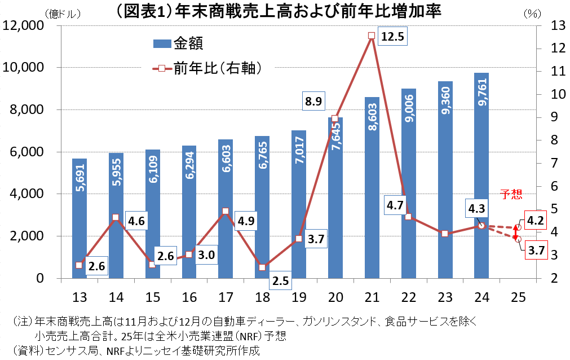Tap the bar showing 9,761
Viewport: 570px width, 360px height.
tap(481, 175)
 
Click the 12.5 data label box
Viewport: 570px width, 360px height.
tap(392, 37)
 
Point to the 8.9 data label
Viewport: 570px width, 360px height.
tap(314, 102)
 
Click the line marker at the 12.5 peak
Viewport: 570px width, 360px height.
tap(372, 36)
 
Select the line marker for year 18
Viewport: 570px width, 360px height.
tap(262, 267)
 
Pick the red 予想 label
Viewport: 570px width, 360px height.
tap(511, 195)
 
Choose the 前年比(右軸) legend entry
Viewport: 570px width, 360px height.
tap(206, 68)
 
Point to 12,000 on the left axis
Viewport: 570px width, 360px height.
tap(24, 25)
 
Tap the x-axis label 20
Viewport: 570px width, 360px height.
tap(335, 297)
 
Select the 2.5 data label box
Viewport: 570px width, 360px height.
tap(281, 280)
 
